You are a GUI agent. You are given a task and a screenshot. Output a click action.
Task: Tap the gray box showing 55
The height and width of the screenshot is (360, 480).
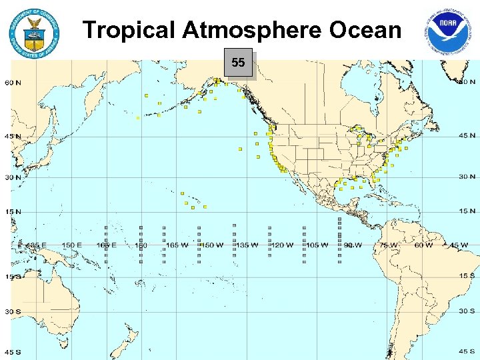(238, 63)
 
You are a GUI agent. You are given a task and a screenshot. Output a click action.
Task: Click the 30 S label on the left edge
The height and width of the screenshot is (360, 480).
(13, 311)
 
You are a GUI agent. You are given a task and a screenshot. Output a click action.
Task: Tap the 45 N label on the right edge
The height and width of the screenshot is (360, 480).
(467, 135)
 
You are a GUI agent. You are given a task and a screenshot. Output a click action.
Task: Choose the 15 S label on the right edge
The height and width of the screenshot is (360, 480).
(467, 275)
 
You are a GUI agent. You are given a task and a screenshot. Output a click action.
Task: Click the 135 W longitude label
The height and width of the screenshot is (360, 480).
(247, 245)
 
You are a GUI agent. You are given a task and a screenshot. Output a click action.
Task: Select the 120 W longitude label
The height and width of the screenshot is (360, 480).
(282, 245)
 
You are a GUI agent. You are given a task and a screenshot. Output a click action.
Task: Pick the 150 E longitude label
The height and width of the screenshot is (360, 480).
(71, 245)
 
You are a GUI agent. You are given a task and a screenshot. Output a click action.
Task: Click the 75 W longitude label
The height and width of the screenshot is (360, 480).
(388, 245)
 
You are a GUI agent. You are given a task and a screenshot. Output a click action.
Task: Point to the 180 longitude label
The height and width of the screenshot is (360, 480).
(141, 245)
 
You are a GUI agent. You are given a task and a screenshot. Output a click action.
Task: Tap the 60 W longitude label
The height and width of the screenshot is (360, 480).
(423, 245)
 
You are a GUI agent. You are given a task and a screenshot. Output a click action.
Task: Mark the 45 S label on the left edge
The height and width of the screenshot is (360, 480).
(13, 352)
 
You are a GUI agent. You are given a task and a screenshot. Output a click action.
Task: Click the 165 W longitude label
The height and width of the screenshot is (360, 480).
(177, 245)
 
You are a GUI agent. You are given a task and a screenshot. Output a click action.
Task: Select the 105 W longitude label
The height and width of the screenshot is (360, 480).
(317, 245)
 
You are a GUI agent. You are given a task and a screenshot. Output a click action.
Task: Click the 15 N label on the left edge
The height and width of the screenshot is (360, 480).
(13, 212)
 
